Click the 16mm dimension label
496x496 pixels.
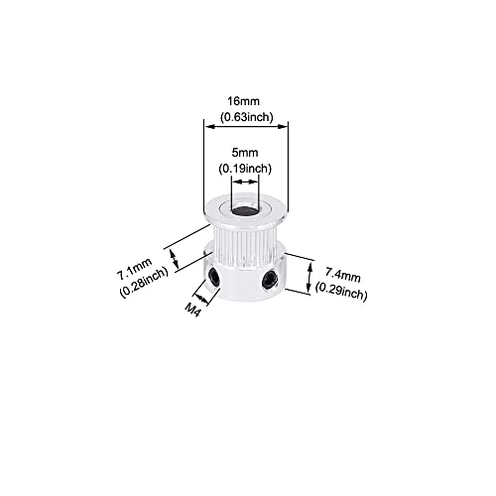pyautogui.click(x=243, y=101)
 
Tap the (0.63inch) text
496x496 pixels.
pyautogui.click(x=247, y=117)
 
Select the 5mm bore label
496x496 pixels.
pyautogui.click(x=245, y=153)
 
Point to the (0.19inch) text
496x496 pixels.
pyautogui.click(x=245, y=169)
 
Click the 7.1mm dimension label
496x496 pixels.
pyautogui.click(x=134, y=268)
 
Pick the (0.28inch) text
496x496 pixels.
pyautogui.click(x=144, y=283)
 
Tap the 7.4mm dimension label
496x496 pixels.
pyautogui.click(x=342, y=275)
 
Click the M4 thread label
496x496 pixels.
pyautogui.click(x=192, y=310)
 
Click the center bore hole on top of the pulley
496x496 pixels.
pyautogui.click(x=244, y=210)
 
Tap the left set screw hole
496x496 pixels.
pyautogui.click(x=214, y=276)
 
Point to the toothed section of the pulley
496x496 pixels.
pyautogui.click(x=245, y=245)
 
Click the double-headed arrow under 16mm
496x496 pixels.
pyautogui.click(x=245, y=126)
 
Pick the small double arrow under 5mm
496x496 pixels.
pyautogui.click(x=245, y=182)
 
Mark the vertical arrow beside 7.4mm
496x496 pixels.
pyautogui.click(x=310, y=277)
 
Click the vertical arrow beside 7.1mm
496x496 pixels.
pyautogui.click(x=175, y=259)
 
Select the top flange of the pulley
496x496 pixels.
pyautogui.click(x=245, y=211)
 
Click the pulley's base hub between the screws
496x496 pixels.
pyautogui.click(x=241, y=284)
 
